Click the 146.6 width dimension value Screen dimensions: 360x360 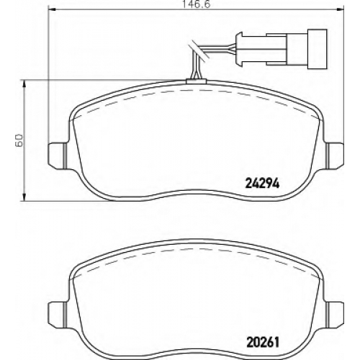197,4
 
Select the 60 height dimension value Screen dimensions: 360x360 19,140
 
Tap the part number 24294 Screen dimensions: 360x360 262,184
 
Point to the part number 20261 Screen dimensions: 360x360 263,343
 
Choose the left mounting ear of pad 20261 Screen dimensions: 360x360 58,313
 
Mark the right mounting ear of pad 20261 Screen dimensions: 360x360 334,313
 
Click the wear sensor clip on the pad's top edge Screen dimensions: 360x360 196,81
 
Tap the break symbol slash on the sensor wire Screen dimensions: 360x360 199,51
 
